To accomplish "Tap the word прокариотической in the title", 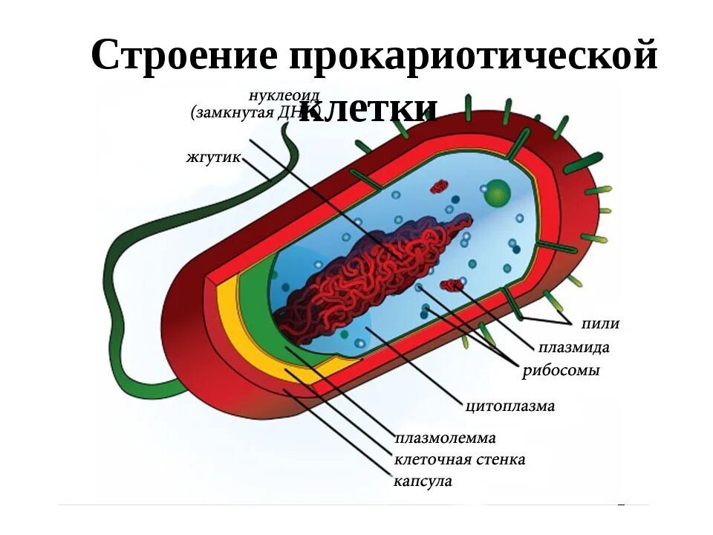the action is [473, 56].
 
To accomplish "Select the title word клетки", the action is [369, 109].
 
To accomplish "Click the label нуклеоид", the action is [273, 96].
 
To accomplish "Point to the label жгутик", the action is [213, 158].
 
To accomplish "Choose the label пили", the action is [600, 323].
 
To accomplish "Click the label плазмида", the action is [574, 347].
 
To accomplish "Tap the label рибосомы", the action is [561, 371].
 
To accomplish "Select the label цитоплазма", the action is [509, 406].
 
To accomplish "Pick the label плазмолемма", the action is [445, 438].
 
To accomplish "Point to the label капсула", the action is [423, 481].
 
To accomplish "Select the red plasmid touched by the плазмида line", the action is [452, 285].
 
